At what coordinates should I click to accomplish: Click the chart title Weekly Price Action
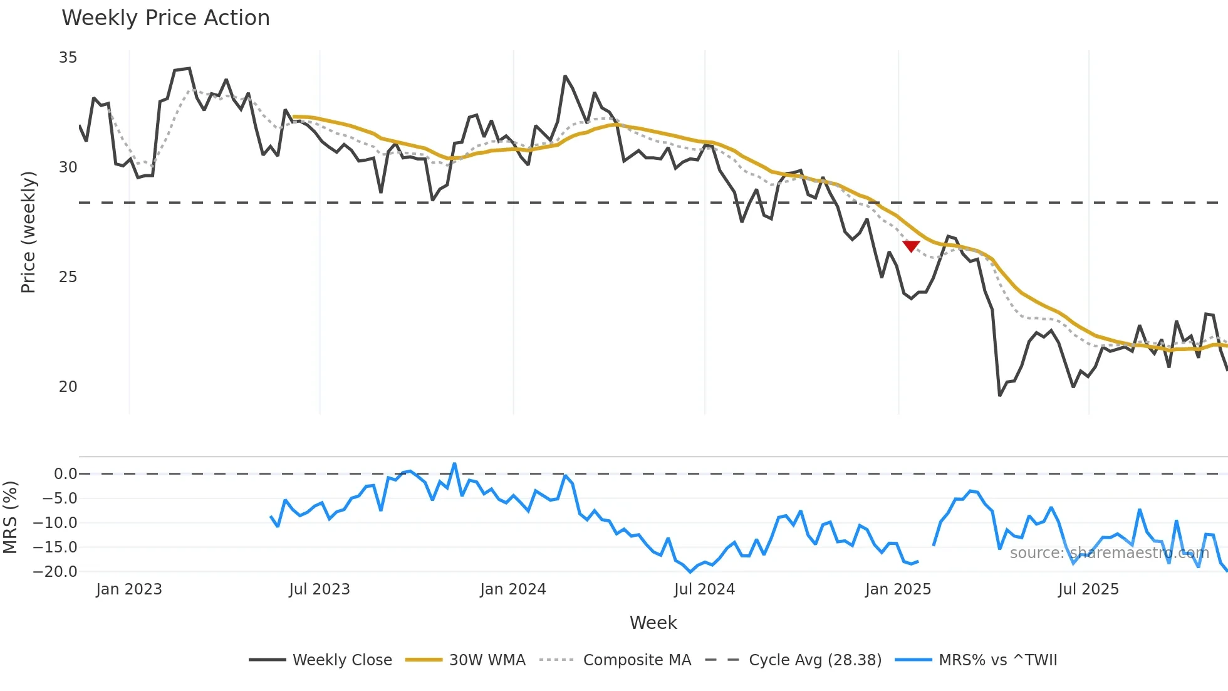coord(165,18)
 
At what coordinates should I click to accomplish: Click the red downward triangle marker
coord(911,246)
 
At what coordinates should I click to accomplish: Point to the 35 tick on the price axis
coord(68,58)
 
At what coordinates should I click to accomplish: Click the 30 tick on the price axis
coord(68,167)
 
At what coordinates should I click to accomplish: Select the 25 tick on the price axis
coord(68,277)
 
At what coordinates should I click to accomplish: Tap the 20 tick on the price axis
coord(68,387)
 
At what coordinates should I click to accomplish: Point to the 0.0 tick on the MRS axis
coord(65,474)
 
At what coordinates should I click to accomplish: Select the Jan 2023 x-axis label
coord(129,589)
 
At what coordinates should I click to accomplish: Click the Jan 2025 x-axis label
coord(898,589)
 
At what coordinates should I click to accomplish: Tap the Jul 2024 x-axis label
coord(704,589)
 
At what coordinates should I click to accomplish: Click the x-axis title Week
coord(653,623)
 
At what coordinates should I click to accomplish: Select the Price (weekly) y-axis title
coord(29,232)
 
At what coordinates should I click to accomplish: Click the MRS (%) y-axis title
coord(11,517)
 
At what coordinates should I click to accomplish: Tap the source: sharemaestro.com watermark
coord(1109,553)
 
